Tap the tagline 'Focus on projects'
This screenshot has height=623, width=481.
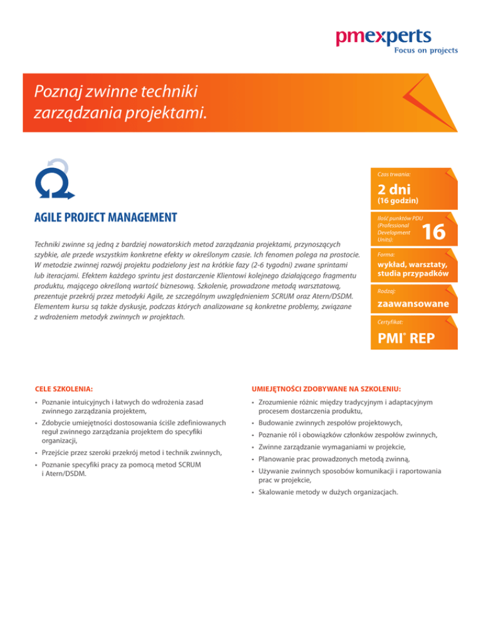point(425,50)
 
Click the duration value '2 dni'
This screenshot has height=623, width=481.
point(393,189)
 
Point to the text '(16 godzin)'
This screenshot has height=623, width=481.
point(397,201)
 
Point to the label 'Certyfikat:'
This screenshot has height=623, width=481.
point(388,322)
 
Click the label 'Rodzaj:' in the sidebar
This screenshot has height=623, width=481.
point(384,291)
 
